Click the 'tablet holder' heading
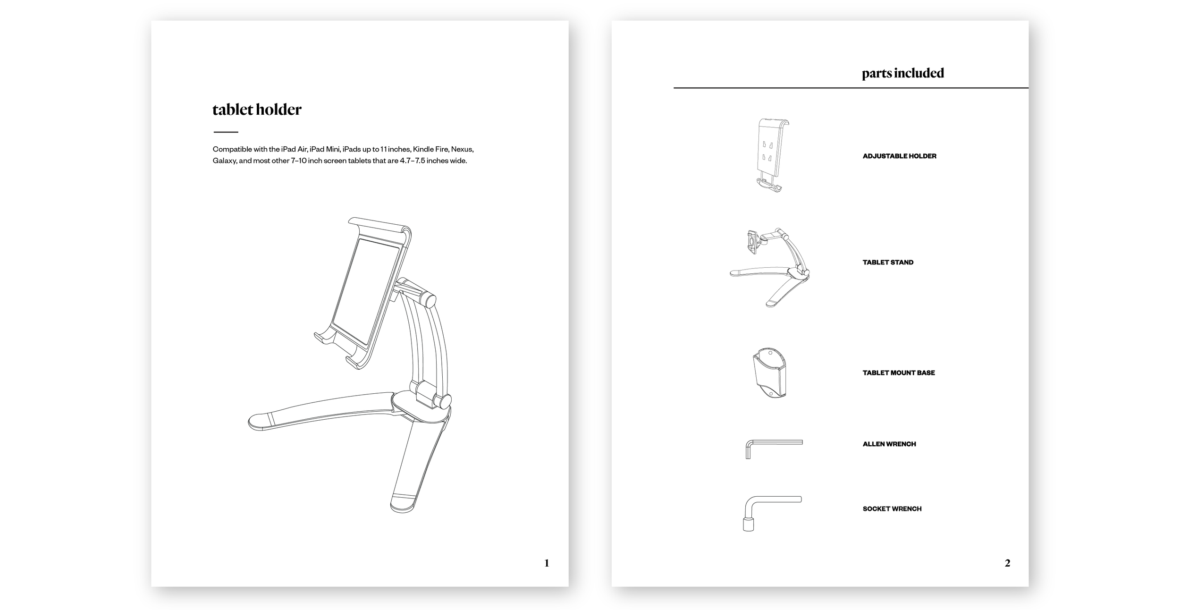[257, 110]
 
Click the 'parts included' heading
[902, 73]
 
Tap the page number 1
[547, 563]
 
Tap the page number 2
[1007, 563]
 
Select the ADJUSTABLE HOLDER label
[899, 156]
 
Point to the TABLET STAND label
[888, 263]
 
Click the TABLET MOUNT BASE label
[898, 373]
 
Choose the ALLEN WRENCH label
[889, 444]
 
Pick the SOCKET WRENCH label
[892, 509]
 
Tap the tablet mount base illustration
[769, 373]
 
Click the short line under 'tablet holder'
[226, 132]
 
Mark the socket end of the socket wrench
[748, 525]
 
